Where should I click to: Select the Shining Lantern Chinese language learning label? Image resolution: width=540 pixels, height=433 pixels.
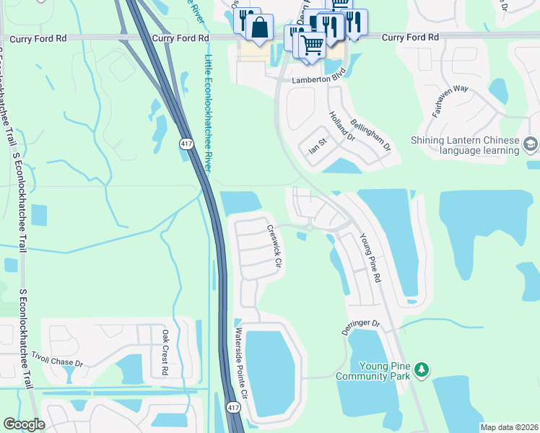click(x=464, y=145)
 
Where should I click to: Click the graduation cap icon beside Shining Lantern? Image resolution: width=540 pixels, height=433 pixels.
click(x=531, y=145)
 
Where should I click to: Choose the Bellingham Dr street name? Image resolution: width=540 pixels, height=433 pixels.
click(x=370, y=135)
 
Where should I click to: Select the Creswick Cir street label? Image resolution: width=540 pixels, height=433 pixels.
click(x=273, y=247)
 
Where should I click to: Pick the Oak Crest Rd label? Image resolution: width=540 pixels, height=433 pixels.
click(x=165, y=352)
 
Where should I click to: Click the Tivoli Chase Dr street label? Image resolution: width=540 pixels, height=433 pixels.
click(x=57, y=359)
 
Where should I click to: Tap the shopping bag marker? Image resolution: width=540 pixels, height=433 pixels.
click(x=259, y=28)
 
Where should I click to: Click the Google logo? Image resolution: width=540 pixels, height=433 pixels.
click(x=24, y=424)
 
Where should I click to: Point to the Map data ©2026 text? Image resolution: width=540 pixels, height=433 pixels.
click(x=509, y=427)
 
